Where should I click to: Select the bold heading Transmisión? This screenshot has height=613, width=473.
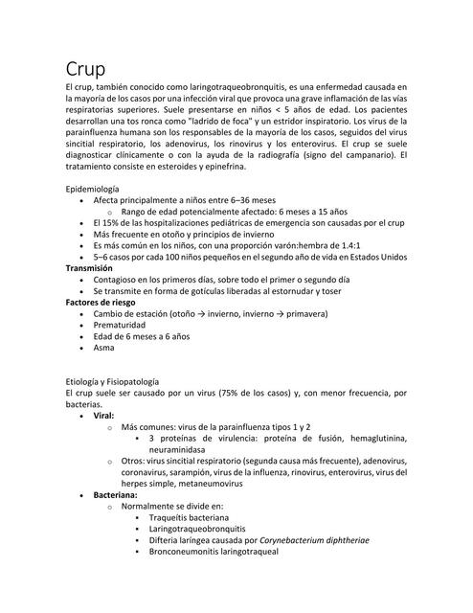[x=94, y=269]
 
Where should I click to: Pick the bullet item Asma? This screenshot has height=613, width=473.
[x=103, y=349]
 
